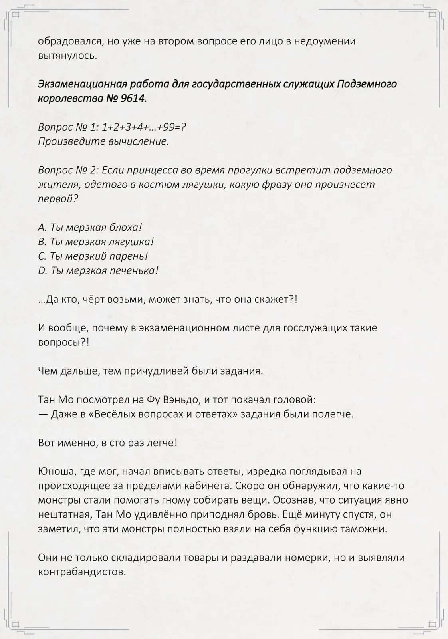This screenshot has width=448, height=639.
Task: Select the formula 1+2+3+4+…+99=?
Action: coord(144,127)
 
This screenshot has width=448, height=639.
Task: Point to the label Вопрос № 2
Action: coord(67,170)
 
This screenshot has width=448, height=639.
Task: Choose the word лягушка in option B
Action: coord(130,242)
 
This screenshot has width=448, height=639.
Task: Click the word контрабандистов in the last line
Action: coord(82,572)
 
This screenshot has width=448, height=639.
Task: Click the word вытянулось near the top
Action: coord(67,56)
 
